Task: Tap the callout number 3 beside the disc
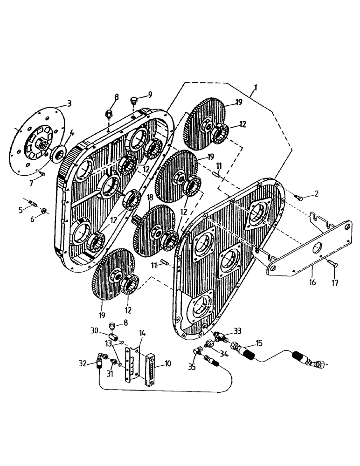click(69, 103)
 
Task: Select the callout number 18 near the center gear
click(150, 198)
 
